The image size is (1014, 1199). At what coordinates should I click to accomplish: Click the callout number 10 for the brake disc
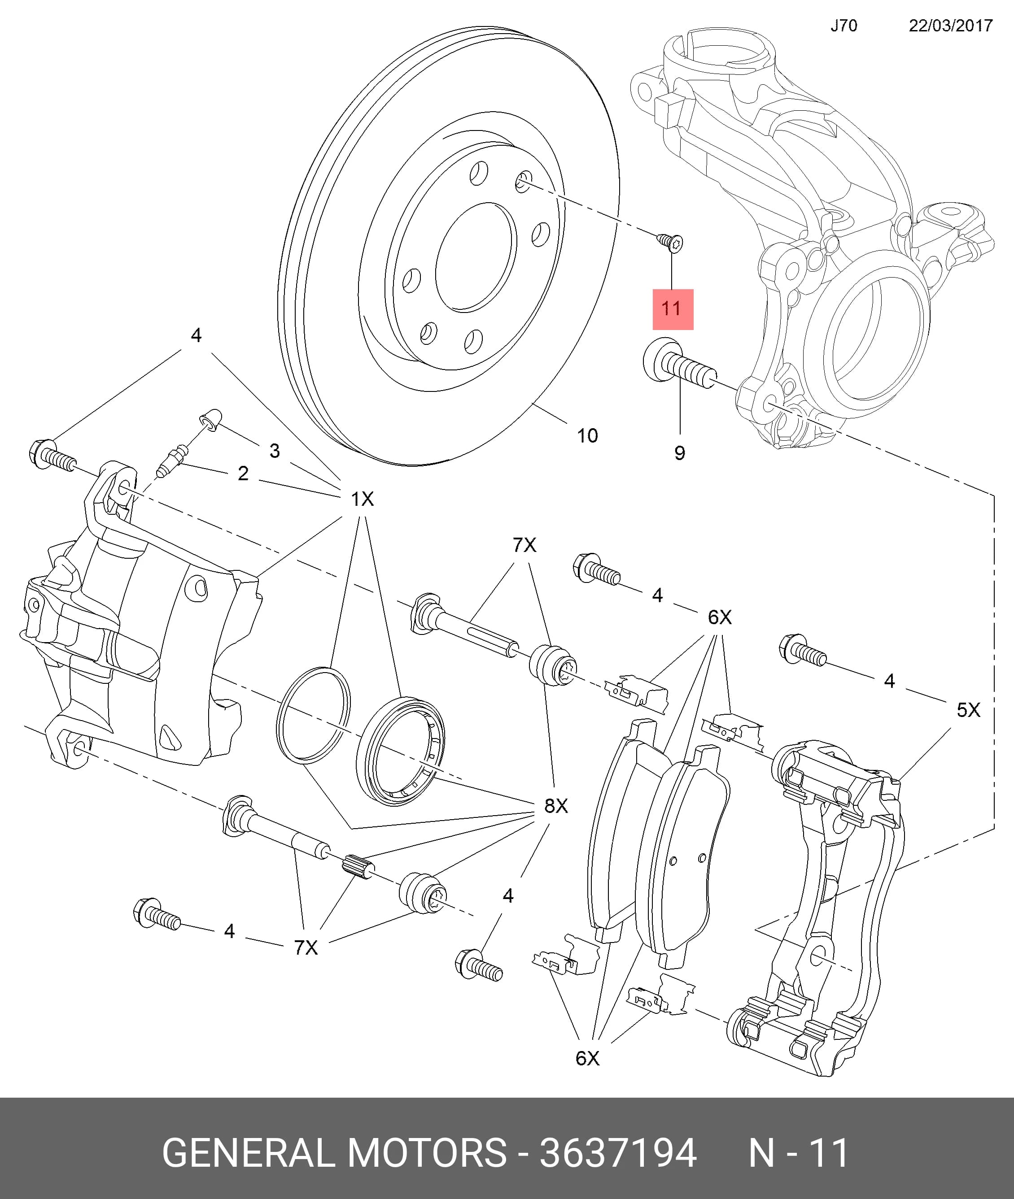(587, 435)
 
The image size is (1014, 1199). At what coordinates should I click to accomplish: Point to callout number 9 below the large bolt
(679, 453)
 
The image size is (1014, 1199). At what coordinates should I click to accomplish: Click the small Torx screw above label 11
(670, 242)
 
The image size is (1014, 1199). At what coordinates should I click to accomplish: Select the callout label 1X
(362, 499)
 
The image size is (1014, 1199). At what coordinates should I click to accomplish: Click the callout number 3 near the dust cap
(275, 451)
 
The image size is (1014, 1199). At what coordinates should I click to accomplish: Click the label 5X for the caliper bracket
(968, 710)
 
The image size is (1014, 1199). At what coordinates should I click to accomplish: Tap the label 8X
(556, 806)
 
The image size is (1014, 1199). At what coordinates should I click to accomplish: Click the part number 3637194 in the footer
(618, 1153)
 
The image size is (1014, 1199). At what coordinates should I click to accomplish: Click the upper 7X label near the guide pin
(524, 545)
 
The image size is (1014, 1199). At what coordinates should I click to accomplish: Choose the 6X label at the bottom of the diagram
(587, 1058)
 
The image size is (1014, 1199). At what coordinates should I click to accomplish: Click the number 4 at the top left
(196, 335)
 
